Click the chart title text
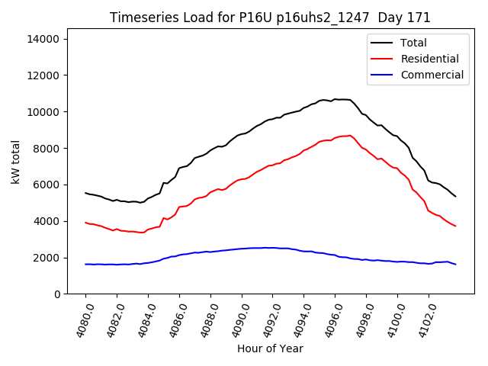[270, 18]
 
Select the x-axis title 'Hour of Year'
[270, 348]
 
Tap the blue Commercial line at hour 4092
[273, 248]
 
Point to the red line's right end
[455, 226]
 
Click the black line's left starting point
[85, 193]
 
